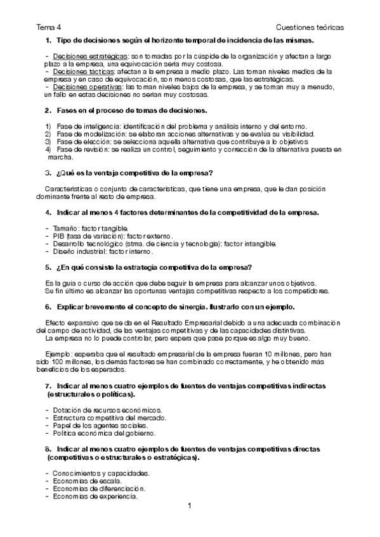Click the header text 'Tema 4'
pos(48,28)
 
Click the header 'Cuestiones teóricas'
pos(310,28)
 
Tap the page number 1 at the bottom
pos(189,506)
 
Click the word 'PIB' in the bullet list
pos(60,236)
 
